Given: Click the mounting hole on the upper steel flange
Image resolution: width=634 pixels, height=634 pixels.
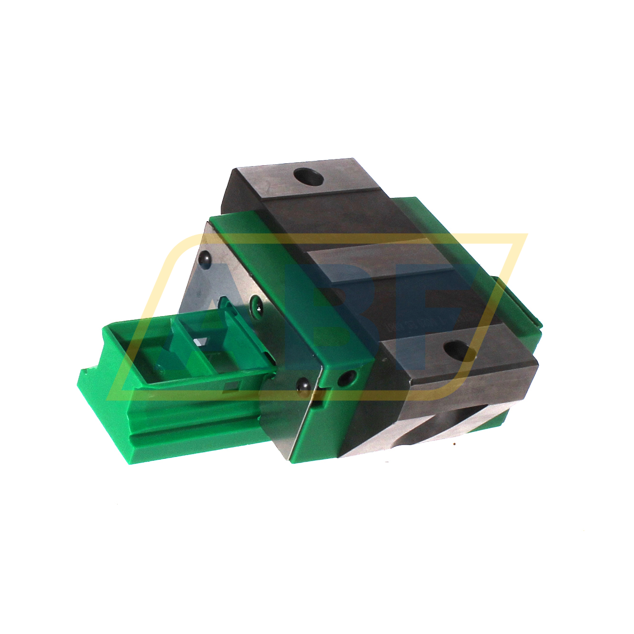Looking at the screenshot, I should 308,177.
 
